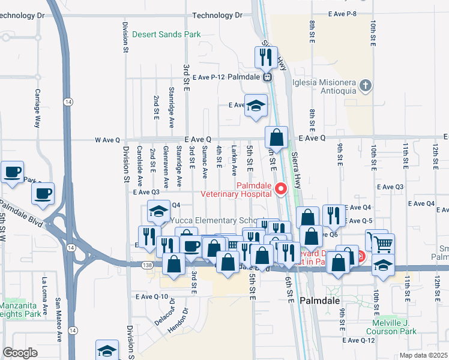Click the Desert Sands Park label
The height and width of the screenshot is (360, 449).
coord(166,35)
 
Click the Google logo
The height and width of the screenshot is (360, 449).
coord(20,353)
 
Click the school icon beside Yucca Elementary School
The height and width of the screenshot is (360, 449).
coord(158,211)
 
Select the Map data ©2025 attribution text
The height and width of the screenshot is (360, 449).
coord(424,355)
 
